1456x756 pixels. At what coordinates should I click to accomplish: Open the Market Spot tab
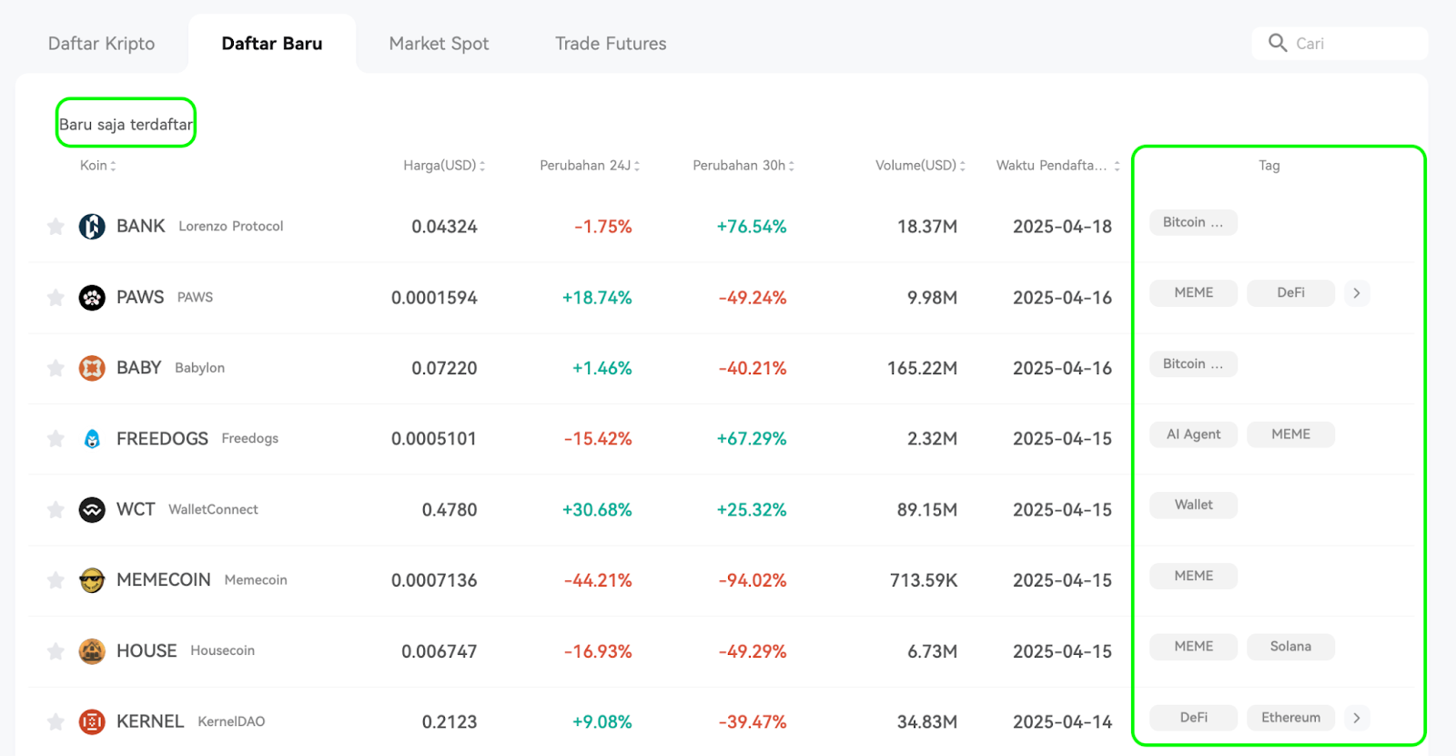click(439, 44)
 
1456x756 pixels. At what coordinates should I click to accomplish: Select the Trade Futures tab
click(611, 44)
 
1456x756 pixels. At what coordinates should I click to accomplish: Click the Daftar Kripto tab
click(101, 44)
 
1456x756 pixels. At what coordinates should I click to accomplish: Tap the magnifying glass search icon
click(1278, 43)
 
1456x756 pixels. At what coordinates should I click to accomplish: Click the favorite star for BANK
click(56, 227)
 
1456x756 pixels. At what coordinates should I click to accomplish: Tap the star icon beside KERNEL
click(56, 721)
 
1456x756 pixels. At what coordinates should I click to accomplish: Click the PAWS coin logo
click(92, 297)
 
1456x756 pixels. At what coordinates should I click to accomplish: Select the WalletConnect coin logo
click(92, 509)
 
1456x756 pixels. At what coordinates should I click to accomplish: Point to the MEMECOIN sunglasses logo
click(92, 579)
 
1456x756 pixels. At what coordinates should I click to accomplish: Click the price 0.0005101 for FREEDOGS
click(433, 438)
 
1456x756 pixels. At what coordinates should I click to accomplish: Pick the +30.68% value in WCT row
click(597, 509)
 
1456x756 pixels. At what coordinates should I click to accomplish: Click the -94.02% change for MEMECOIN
click(752, 579)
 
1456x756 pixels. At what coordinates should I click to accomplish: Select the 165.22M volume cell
click(922, 368)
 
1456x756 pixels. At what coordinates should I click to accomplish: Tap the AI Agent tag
click(1193, 434)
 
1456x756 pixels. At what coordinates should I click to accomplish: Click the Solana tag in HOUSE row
click(1290, 647)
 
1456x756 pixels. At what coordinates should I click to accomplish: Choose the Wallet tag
click(1193, 505)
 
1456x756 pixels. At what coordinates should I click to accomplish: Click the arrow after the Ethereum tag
click(1357, 718)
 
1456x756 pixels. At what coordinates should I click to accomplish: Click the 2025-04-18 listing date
click(1062, 227)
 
